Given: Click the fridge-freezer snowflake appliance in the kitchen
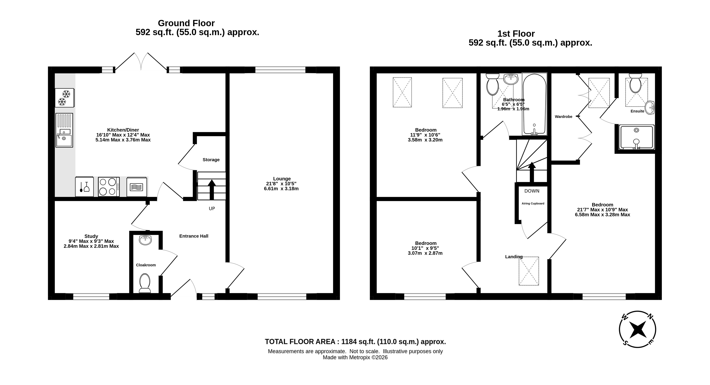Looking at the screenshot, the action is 65,98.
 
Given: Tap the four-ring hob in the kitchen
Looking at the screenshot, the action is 109,187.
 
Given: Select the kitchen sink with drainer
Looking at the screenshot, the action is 64,130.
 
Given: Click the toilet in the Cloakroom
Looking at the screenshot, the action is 145,283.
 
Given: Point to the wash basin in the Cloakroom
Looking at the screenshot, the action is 145,240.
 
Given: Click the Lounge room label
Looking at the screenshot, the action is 282,179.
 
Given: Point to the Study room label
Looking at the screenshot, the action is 91,236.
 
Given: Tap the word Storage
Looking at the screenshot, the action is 211,160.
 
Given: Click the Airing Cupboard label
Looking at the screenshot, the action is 533,203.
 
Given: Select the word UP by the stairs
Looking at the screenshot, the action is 212,209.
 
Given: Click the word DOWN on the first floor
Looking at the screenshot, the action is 532,191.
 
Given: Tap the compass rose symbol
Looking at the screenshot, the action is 638,329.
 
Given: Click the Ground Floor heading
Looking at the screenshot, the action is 186,23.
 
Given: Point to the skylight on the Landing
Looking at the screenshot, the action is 529,271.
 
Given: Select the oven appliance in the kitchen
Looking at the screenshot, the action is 137,187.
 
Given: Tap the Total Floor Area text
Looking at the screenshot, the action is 355,342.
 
